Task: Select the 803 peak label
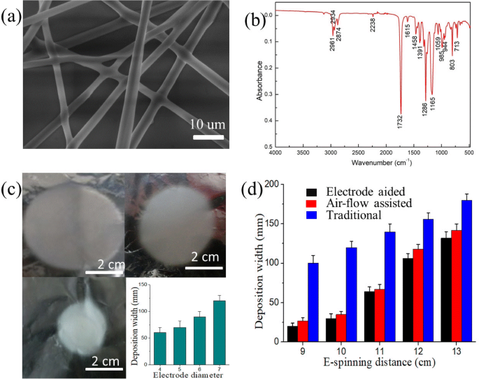(452, 67)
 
